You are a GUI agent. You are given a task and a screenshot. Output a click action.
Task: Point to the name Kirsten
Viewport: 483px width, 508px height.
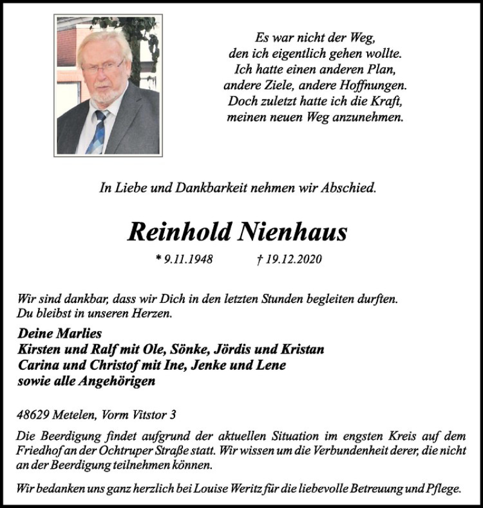coord(42,349)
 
